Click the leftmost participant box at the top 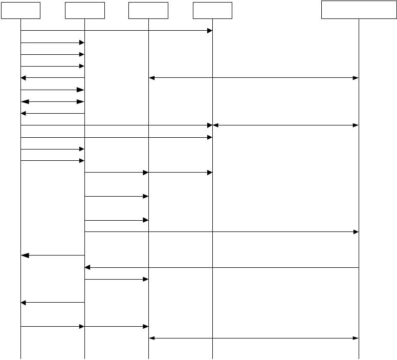[x=20, y=10]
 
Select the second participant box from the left [x=85, y=10]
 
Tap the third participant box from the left [x=148, y=10]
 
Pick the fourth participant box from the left [x=212, y=10]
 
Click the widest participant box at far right [x=359, y=9]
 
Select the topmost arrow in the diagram [x=116, y=31]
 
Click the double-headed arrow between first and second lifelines [x=52, y=101]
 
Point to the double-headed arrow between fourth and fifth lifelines [x=285, y=125]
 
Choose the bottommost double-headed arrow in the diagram [x=254, y=338]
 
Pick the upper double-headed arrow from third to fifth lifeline [x=254, y=78]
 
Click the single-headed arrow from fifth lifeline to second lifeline [x=222, y=267]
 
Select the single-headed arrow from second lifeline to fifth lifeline [x=222, y=232]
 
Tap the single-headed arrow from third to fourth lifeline [x=180, y=173]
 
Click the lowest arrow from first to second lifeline [x=52, y=326]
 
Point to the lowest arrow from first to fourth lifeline [x=116, y=137]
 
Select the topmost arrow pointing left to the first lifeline [x=52, y=78]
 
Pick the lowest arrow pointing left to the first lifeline [x=52, y=303]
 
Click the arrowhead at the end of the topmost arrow [x=209, y=31]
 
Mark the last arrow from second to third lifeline [x=116, y=326]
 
